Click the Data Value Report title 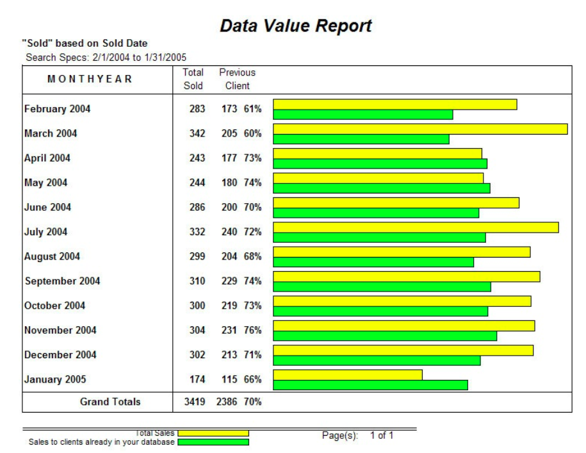tap(295, 26)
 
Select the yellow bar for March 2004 tap(420, 129)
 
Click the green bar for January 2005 tap(370, 385)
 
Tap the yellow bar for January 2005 tap(348, 375)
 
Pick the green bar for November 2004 tap(385, 336)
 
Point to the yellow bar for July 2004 tap(416, 227)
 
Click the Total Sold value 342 tap(197, 133)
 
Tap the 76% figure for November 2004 tap(252, 330)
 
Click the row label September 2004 tap(62, 281)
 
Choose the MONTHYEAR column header tap(90, 79)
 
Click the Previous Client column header tap(237, 79)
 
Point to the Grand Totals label tap(110, 402)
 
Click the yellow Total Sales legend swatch tap(213, 433)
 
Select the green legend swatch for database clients tap(213, 441)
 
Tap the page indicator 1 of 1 tap(382, 436)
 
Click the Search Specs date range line tap(106, 57)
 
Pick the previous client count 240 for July tap(229, 232)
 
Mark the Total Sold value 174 tap(197, 379)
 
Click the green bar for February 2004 tap(363, 115)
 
